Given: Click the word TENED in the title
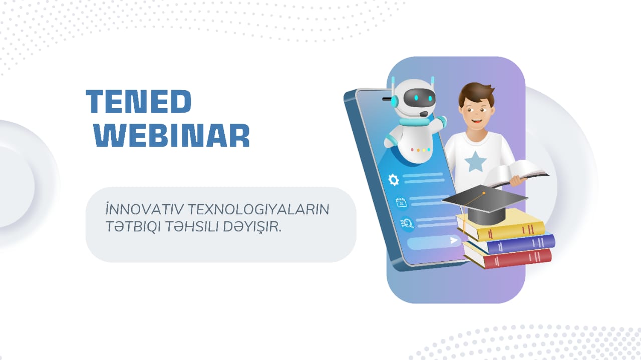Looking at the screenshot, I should pos(138,102).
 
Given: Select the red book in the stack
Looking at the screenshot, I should pos(508,258).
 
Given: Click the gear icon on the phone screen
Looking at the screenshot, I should pos(394,179).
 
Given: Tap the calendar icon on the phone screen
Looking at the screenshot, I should pos(401,202).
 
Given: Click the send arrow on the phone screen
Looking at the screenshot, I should pos(454,240).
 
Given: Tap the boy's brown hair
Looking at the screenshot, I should pos(476,92).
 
